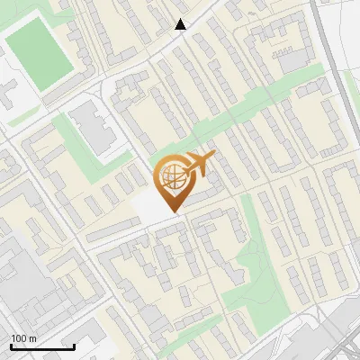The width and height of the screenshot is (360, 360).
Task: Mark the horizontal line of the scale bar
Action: pos(42,346)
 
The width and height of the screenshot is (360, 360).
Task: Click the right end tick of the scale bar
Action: pos(74,345)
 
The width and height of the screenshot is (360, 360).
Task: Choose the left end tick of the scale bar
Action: pos(11,345)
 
